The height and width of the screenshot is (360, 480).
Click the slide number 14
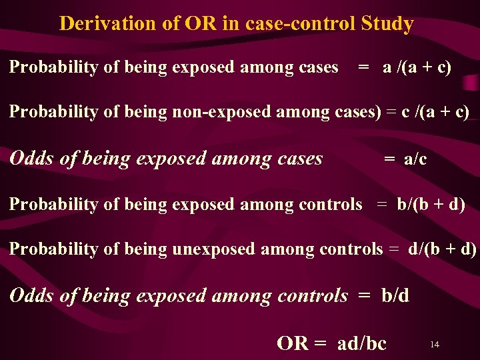coord(434,344)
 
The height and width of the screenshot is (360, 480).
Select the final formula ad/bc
coord(362,343)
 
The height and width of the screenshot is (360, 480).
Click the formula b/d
coord(395,295)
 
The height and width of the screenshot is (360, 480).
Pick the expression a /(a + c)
coord(417,67)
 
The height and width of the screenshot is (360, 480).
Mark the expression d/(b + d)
coord(442,249)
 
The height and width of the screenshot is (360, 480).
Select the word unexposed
coord(213,249)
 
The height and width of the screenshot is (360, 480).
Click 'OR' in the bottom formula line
coord(292,343)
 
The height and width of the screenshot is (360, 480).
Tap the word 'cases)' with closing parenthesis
coord(357,111)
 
